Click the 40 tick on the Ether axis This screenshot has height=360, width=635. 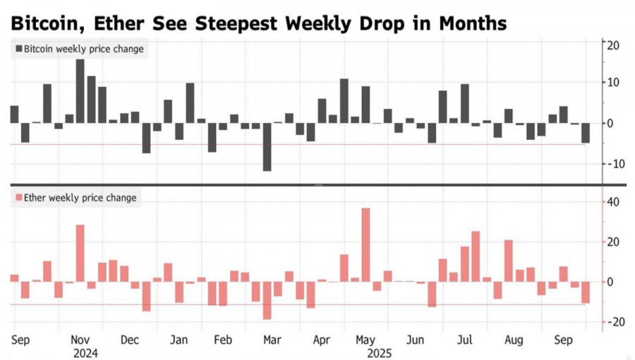point(614,203)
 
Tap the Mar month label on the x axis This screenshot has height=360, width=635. point(272,340)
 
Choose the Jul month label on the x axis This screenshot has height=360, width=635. point(465,340)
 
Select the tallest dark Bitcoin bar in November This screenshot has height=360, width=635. point(80,91)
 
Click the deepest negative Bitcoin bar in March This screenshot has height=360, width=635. point(267,147)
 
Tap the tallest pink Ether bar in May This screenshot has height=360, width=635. point(365,245)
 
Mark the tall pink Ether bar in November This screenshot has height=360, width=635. point(80,253)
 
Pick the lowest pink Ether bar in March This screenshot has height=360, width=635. point(267,301)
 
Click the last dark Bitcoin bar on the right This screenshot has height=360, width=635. point(586,133)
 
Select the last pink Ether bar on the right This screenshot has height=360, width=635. point(586,293)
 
